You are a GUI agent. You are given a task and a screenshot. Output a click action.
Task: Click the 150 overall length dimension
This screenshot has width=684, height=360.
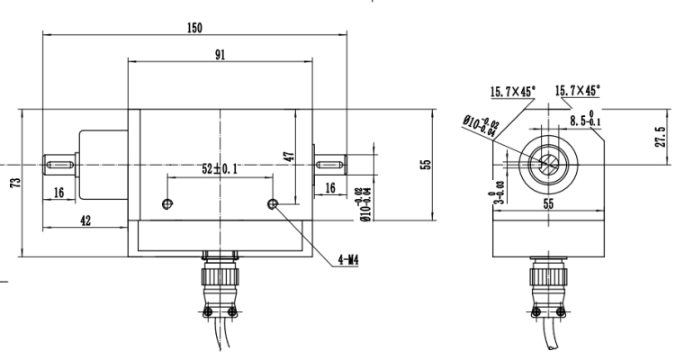[194, 27]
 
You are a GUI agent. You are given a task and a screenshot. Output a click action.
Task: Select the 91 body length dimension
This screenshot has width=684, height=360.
[220, 54]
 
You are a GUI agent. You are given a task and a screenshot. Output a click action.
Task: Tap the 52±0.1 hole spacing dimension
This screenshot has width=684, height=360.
[220, 169]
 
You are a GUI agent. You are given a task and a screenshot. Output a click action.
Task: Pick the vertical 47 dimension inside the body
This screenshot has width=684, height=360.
[289, 154]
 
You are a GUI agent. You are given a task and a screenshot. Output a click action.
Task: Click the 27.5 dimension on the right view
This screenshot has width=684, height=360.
[661, 138]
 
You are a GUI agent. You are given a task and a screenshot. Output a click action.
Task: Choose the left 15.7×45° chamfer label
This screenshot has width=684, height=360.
[512, 91]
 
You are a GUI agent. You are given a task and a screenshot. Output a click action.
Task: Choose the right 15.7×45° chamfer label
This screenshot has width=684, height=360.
[578, 90]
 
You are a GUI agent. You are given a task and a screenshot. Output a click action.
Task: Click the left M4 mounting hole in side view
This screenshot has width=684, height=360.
[166, 204]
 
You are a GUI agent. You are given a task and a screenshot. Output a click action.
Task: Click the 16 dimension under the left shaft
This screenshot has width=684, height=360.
[58, 192]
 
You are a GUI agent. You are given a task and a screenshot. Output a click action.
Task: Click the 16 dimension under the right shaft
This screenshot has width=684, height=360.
[329, 187]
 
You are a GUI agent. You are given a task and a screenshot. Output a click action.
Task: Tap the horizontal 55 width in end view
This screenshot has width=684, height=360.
[547, 204]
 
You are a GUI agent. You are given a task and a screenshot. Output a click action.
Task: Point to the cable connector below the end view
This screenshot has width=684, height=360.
[546, 279]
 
